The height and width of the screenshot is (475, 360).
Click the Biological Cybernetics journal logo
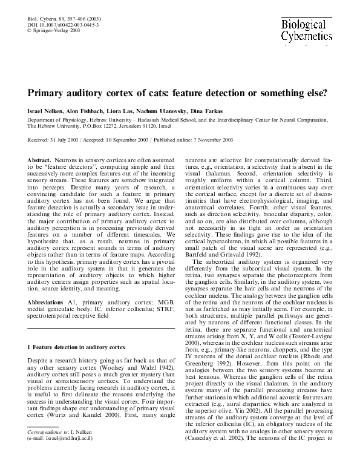(x=306, y=30)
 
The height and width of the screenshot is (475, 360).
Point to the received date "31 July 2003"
(x=70, y=140)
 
